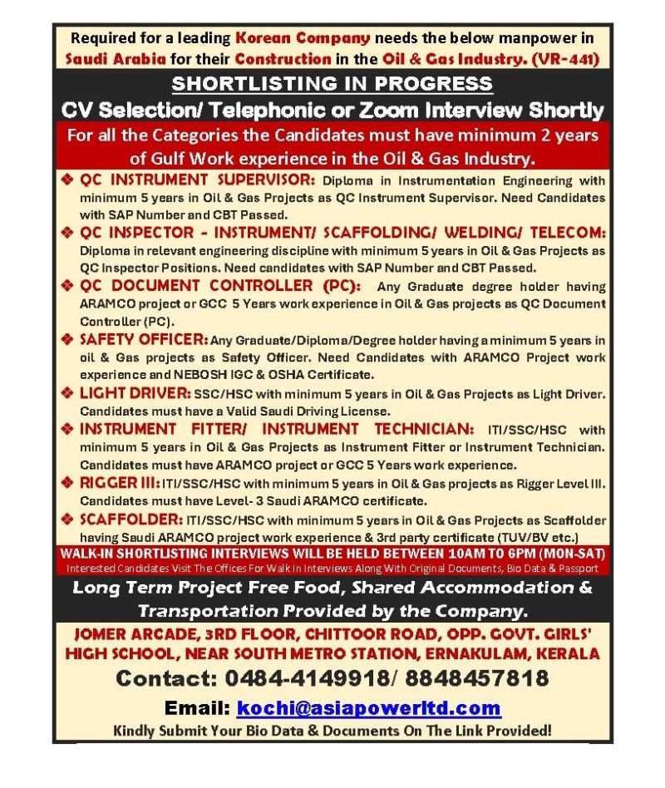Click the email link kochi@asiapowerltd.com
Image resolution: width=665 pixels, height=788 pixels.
tap(369, 708)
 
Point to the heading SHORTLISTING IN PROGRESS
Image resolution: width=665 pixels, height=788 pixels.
tap(332, 84)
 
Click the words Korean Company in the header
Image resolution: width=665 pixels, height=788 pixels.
tap(303, 37)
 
